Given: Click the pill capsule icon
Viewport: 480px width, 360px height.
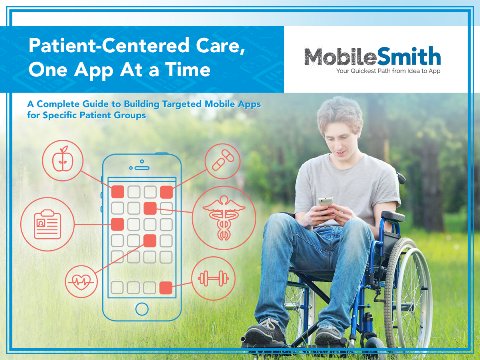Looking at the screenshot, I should click(x=222, y=159).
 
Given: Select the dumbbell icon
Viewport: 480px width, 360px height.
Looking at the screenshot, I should click(x=210, y=275).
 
